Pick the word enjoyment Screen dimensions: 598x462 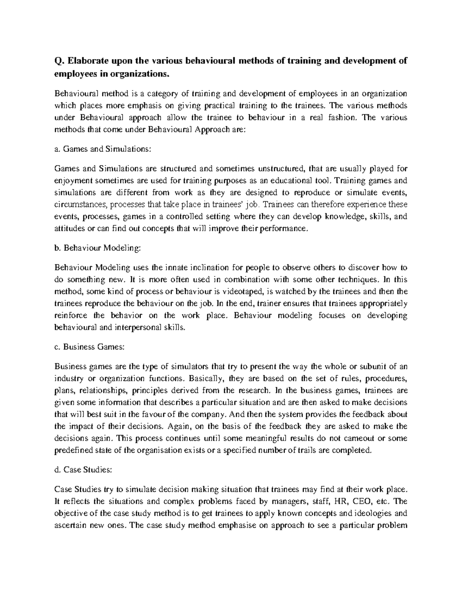click(74, 181)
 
